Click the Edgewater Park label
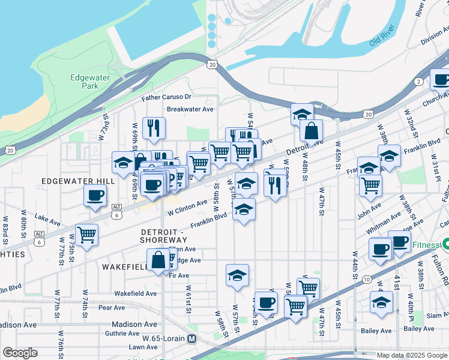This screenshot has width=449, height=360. point(88,82)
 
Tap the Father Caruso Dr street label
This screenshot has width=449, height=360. point(166,97)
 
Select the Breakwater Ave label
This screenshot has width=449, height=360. point(190,109)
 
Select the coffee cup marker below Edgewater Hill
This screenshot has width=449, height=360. point(95,195)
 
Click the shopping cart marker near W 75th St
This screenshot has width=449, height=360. point(87,233)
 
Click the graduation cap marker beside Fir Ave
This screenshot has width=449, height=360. point(237,275)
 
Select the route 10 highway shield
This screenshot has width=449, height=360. point(366,279)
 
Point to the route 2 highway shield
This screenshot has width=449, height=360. point(418,81)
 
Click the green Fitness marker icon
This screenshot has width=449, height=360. point(445,244)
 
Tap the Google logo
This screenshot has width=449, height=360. point(20,353)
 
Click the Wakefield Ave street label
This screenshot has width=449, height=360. point(135,293)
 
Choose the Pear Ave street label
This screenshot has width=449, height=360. point(111,307)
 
